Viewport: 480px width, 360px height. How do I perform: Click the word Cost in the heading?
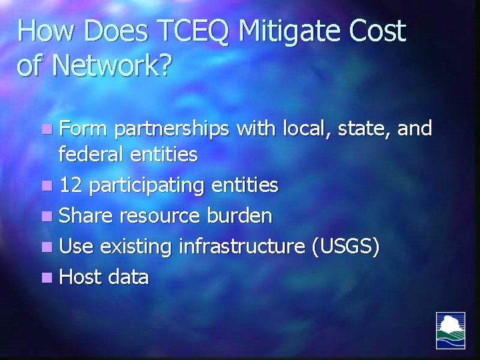point(377,32)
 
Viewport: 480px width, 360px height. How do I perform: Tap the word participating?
point(147,185)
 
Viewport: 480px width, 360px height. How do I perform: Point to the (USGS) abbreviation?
point(345,247)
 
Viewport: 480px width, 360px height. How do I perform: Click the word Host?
point(79,277)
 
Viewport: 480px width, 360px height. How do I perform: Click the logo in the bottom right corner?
point(451,330)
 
